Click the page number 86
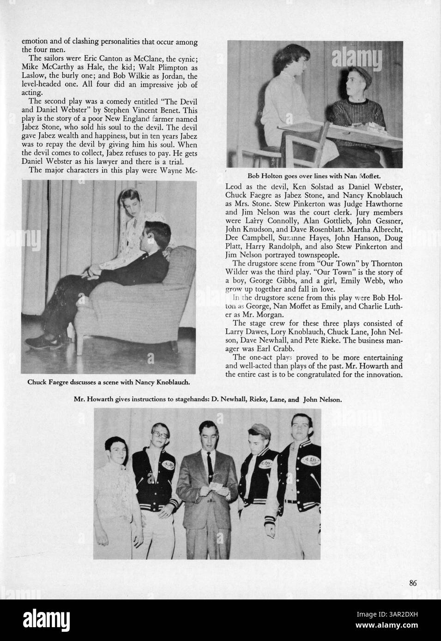413,583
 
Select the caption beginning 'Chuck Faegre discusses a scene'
109,382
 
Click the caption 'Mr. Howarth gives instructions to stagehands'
208,400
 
